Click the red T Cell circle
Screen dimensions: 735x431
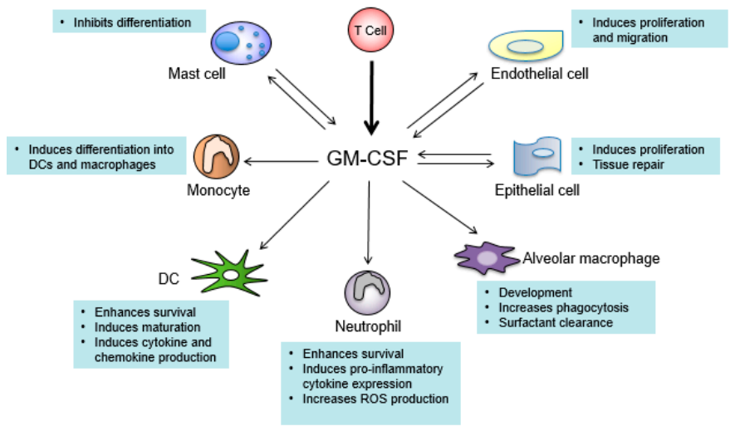click(370, 30)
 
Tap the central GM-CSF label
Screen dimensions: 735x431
click(367, 159)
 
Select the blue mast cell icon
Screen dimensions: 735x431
click(241, 42)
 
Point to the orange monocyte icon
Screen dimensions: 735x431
click(217, 157)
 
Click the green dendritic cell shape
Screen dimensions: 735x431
click(229, 273)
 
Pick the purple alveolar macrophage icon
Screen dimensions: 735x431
click(487, 257)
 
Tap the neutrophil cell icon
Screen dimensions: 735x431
click(367, 292)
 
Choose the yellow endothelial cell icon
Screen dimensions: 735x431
click(526, 46)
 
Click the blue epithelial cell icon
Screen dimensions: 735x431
click(537, 156)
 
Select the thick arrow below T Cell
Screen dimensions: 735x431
click(372, 98)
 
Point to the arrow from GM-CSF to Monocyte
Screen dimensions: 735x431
click(282, 162)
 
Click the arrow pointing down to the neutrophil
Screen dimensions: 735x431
click(369, 223)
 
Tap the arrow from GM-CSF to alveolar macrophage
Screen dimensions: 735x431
click(439, 207)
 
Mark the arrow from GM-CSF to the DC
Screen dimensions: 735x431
click(294, 215)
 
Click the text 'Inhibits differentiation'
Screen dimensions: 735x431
click(132, 22)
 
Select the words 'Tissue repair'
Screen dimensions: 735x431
click(628, 164)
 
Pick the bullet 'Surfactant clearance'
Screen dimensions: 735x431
click(556, 322)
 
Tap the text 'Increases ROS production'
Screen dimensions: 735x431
click(375, 399)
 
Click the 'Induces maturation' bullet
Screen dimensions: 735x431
click(147, 327)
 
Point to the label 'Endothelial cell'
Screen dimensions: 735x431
click(540, 74)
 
